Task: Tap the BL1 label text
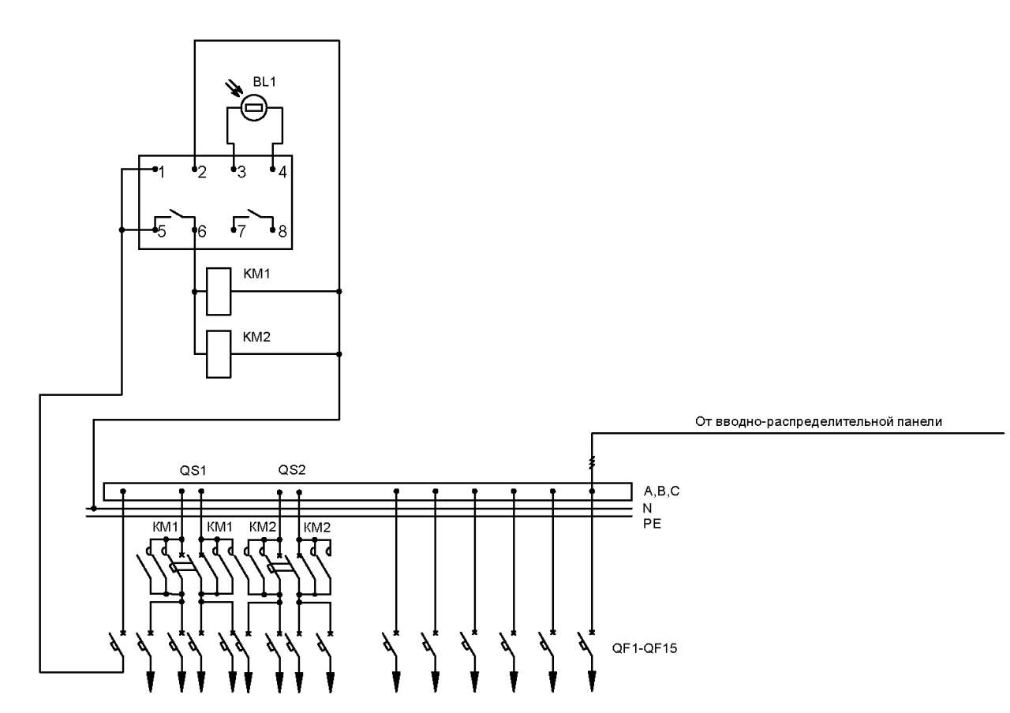pos(264,81)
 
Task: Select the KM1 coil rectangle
pos(219,292)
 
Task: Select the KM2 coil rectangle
pos(219,354)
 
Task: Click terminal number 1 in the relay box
pos(162,172)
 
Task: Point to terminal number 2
pos(202,172)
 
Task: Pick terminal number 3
pos(241,172)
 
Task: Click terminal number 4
pos(282,172)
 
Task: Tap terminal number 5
pos(162,232)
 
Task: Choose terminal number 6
pos(202,232)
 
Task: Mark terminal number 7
pos(241,232)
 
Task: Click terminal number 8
pos(282,232)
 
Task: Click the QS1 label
pos(193,471)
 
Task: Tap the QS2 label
pos(292,470)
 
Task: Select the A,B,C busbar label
pos(661,491)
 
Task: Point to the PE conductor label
pos(652,524)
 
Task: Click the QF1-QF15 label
pos(645,648)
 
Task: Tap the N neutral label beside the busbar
pos(648,508)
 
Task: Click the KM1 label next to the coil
pos(256,274)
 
